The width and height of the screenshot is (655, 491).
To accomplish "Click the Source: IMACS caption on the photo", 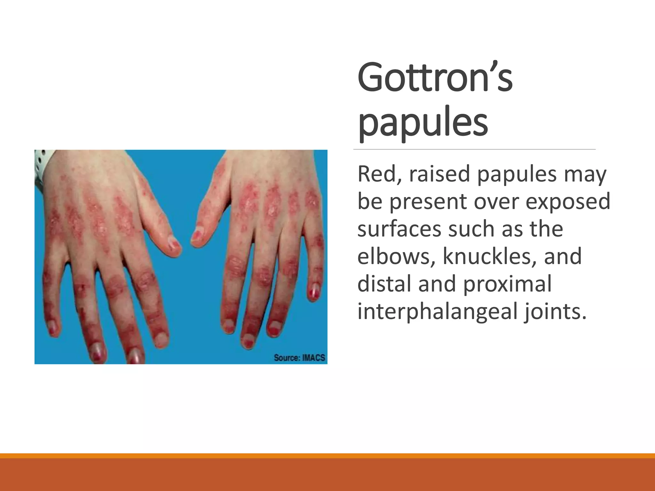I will click(299, 357).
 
